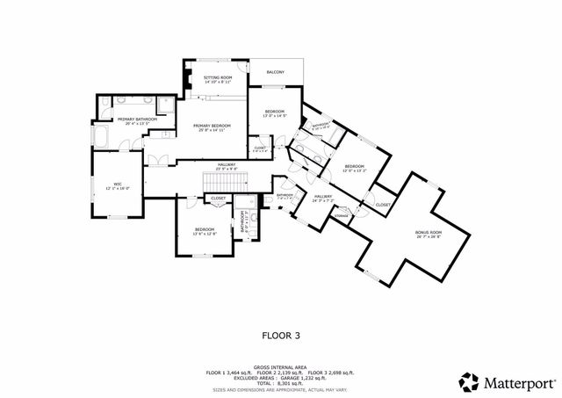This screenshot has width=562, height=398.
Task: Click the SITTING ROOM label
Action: (x=218, y=77)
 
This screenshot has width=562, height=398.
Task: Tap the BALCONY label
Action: (x=275, y=72)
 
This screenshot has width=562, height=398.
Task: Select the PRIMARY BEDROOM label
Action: (x=211, y=126)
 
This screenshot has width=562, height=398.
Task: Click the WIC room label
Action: (x=117, y=184)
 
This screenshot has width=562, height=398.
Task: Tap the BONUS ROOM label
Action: (x=429, y=232)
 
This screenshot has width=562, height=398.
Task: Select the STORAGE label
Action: (x=342, y=215)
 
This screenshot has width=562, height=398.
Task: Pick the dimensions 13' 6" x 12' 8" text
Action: (x=204, y=234)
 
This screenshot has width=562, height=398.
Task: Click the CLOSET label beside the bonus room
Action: (x=383, y=204)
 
